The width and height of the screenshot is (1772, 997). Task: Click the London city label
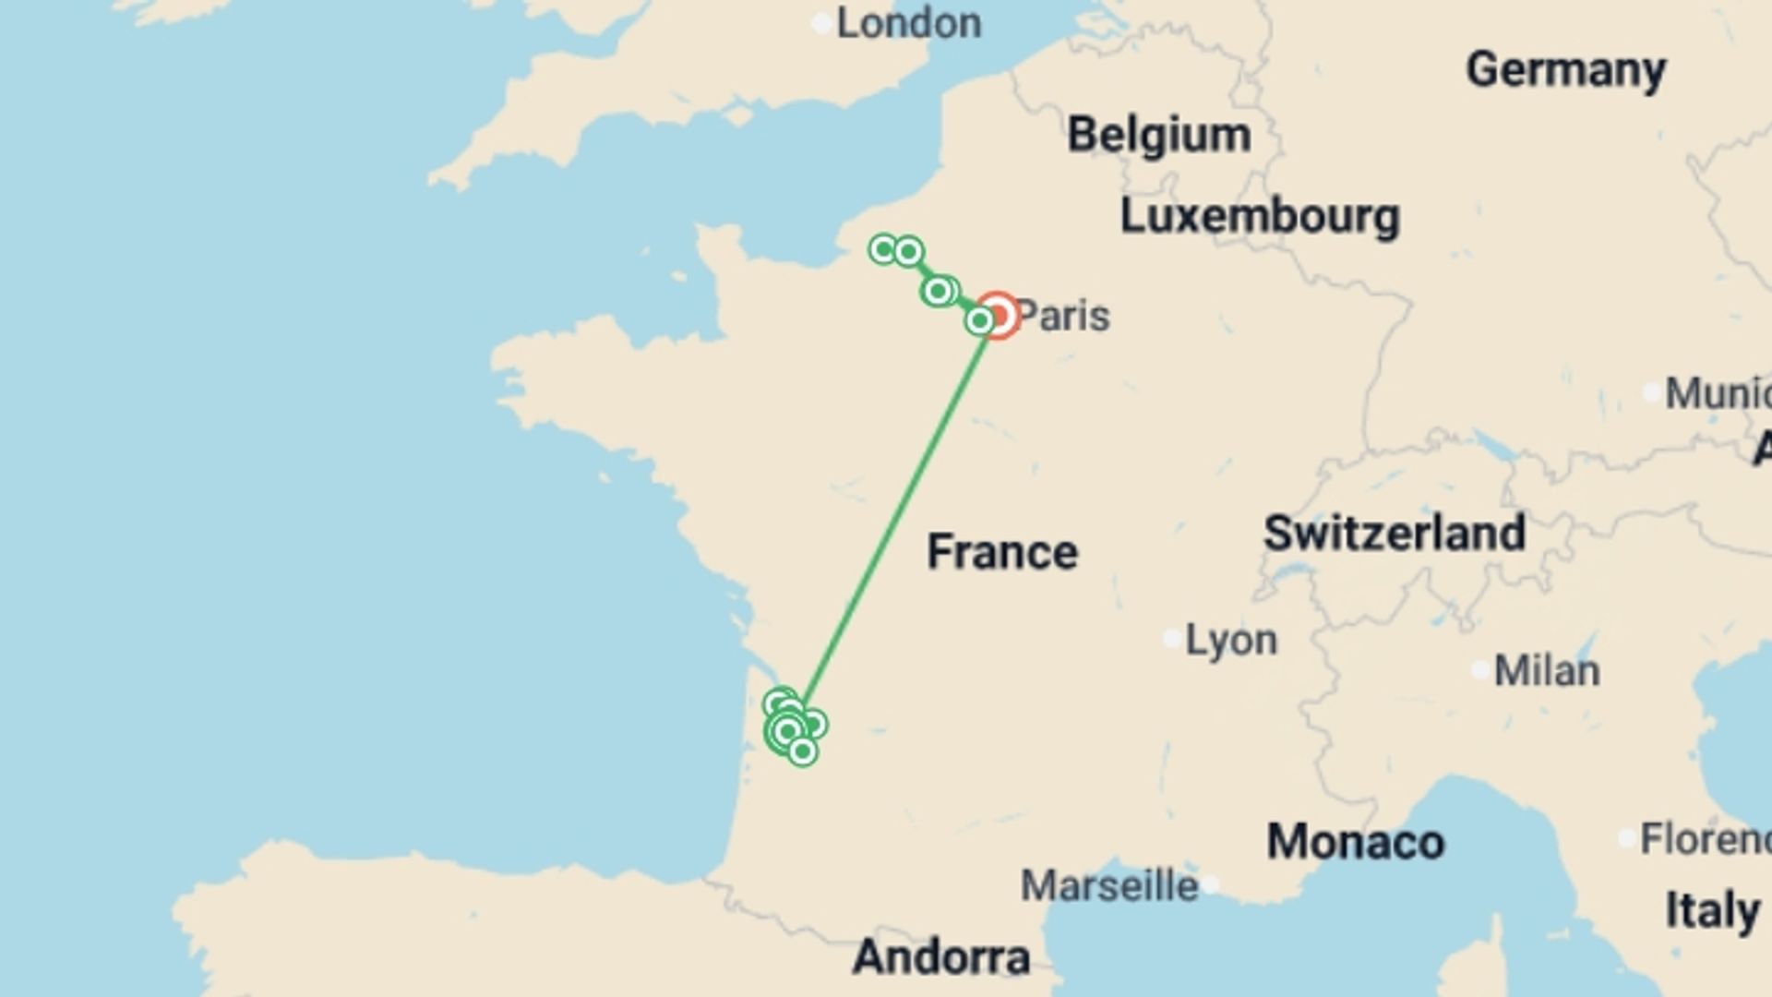point(908,24)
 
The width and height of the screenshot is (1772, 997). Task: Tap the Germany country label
point(1565,70)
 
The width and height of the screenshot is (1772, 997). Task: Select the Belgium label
point(1159,136)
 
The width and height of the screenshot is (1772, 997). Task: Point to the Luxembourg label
point(1260,217)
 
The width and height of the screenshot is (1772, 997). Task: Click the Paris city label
point(1063,316)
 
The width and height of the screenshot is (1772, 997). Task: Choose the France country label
point(1002,552)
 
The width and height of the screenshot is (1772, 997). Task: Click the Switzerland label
point(1394,534)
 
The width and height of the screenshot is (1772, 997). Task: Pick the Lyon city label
point(1231,640)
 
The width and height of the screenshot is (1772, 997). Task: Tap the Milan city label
point(1547,671)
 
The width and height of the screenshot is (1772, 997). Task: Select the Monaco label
point(1355,842)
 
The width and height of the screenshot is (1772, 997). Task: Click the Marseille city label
point(1109,886)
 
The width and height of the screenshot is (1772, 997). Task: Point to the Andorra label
point(941,957)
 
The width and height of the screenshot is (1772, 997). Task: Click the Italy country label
point(1712,911)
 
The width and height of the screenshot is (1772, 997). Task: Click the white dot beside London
point(821,24)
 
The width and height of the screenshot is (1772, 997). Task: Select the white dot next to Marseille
point(1210,884)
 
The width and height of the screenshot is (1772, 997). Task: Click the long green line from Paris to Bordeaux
point(893,517)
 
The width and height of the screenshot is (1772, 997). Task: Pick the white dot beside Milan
point(1480,670)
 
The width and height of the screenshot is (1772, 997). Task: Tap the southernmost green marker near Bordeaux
point(802,752)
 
